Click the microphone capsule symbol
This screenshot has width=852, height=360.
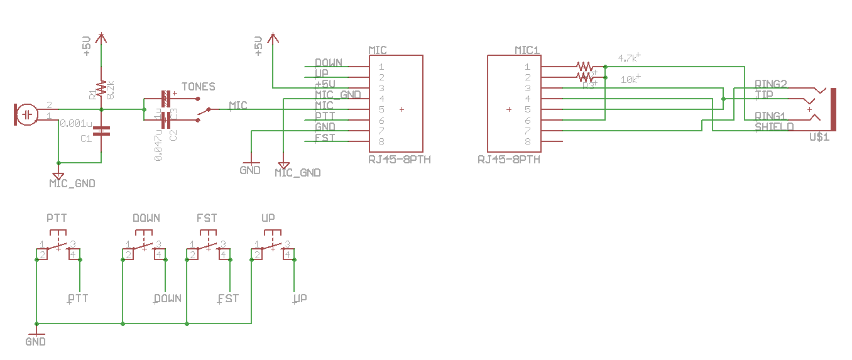27,115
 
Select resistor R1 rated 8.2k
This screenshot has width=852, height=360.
101,89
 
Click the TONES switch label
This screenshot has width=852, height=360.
198,87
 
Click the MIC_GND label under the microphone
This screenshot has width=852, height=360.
72,183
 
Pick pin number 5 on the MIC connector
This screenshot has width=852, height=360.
381,109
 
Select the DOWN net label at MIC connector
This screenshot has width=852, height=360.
329,63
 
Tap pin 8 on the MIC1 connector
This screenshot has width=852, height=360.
528,141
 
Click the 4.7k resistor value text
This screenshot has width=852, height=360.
628,58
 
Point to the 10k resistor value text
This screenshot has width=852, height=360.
630,80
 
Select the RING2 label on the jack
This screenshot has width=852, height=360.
770,84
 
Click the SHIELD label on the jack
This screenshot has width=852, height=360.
774,126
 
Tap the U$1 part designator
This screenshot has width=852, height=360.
820,136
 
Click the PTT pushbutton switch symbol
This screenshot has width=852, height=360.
57,247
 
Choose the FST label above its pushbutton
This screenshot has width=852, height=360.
207,218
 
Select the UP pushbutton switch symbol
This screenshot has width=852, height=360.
271,247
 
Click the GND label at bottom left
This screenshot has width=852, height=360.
35,342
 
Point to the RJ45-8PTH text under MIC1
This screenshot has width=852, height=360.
509,160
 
